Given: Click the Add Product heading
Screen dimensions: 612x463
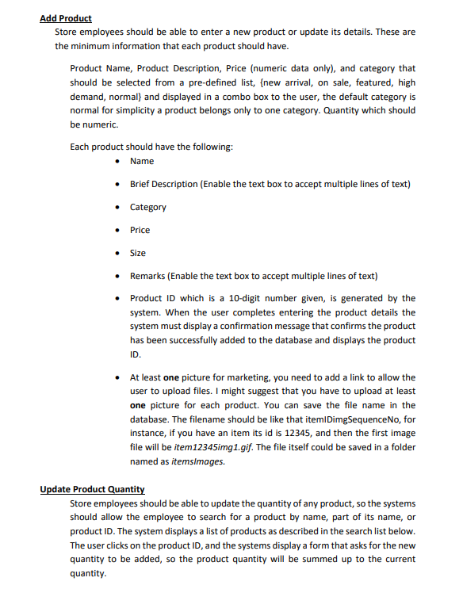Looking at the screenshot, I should [66, 18].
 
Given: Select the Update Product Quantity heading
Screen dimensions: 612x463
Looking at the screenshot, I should [92, 489].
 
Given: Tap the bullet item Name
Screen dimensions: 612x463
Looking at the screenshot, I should [142, 161].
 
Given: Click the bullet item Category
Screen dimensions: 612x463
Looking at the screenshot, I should [148, 207].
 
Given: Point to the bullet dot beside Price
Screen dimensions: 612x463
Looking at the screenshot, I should [117, 230].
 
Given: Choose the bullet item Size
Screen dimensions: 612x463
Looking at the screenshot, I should [138, 253].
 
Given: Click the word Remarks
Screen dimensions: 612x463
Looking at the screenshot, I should [148, 276].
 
